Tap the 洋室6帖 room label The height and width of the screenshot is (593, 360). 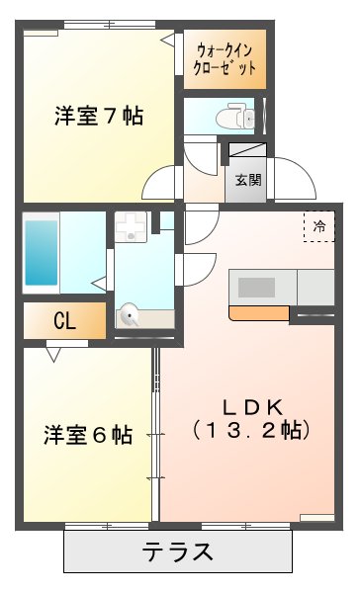[x=88, y=435]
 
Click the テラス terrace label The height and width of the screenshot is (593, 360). [x=178, y=551]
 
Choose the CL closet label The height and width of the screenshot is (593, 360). [x=65, y=320]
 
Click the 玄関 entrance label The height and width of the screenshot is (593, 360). [x=248, y=180]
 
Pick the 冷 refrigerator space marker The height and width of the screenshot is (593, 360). [x=318, y=226]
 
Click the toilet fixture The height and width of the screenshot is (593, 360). [x=238, y=116]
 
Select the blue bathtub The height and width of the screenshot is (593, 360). [x=42, y=252]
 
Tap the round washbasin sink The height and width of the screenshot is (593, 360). [x=131, y=316]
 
